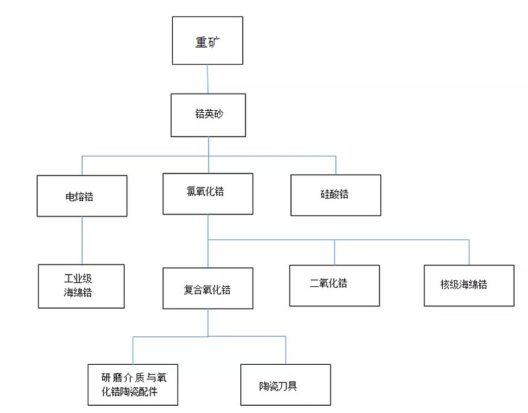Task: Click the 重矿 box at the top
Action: pyautogui.click(x=207, y=41)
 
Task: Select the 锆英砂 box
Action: pyautogui.click(x=209, y=115)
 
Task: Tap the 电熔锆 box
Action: pyautogui.click(x=82, y=196)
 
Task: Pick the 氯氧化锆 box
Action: pyautogui.click(x=208, y=193)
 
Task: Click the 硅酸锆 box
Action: pyautogui.click(x=336, y=195)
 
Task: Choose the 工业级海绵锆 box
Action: pyautogui.click(x=81, y=286)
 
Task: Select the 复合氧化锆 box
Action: pyautogui.click(x=208, y=288)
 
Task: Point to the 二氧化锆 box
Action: pyautogui.click(x=335, y=285)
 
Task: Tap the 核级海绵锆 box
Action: pyautogui.click(x=469, y=286)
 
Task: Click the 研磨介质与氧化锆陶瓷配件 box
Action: pyautogui.click(x=133, y=384)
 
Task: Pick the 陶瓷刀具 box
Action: pyautogui.click(x=285, y=385)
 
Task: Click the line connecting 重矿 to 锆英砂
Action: pyautogui.click(x=208, y=79)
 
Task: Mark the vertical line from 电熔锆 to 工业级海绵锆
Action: pyautogui.click(x=82, y=240)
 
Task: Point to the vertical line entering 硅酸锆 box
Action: pyautogui.click(x=336, y=166)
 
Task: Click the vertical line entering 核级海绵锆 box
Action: pyautogui.click(x=469, y=253)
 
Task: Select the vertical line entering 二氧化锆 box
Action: pyautogui.click(x=335, y=252)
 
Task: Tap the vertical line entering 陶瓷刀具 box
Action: pyautogui.click(x=285, y=350)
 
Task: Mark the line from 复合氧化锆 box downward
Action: pyautogui.click(x=208, y=322)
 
